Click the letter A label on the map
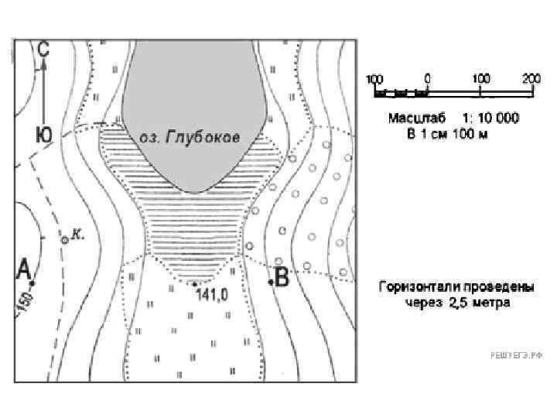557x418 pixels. [x=23, y=269]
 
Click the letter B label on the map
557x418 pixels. [x=282, y=276]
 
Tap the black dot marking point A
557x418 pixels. [x=32, y=283]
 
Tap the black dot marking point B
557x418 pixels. [x=272, y=283]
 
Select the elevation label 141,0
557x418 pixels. [x=211, y=294]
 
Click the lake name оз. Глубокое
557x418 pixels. [x=190, y=137]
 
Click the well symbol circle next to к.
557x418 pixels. [x=65, y=240]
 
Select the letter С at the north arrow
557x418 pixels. [x=43, y=48]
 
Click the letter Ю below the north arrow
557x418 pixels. [x=43, y=134]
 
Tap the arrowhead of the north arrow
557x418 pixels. [x=44, y=64]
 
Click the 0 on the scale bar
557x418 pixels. [x=428, y=79]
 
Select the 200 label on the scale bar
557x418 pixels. [x=531, y=79]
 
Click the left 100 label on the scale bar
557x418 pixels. [x=374, y=79]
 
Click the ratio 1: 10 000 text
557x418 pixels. [x=491, y=118]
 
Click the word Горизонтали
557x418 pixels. [x=415, y=287]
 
